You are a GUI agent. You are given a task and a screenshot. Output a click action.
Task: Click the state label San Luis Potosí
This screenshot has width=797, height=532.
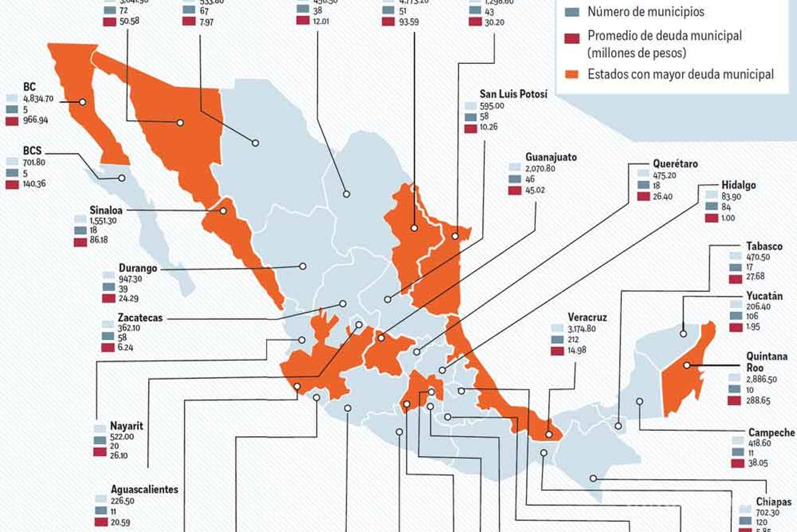(504, 94)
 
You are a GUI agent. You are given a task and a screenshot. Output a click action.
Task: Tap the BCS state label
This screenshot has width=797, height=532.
(32, 150)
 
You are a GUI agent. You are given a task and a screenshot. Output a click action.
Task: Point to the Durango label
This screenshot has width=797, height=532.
(138, 267)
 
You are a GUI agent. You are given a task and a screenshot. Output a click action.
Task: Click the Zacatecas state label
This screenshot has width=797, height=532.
(141, 318)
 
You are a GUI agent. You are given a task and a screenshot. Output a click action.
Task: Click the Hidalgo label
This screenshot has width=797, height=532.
(739, 186)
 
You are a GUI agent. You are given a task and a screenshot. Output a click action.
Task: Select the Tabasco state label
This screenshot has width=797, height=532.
(764, 246)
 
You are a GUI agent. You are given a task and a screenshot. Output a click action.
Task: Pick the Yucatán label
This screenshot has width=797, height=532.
(764, 296)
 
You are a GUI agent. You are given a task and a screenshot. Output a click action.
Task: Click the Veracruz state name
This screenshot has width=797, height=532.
(587, 317)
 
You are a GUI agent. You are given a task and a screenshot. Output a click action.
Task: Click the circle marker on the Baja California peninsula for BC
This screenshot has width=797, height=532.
(83, 102)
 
